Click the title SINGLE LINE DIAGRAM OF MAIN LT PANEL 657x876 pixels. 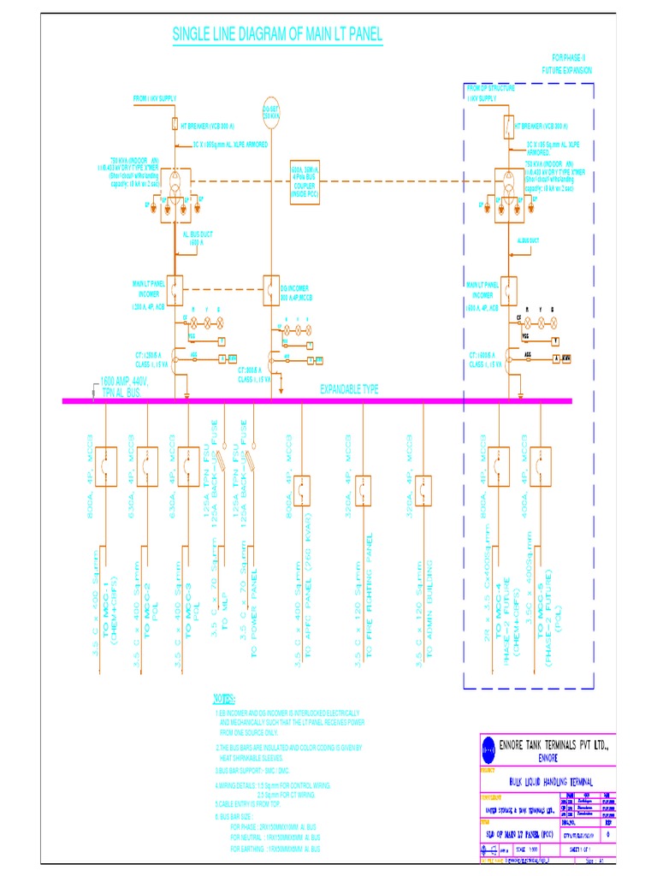click(x=277, y=35)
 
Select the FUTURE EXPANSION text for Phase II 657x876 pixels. click(x=566, y=70)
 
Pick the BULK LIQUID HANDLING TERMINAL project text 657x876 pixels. click(x=551, y=781)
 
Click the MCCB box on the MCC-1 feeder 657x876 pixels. click(x=105, y=466)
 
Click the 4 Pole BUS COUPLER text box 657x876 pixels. click(x=304, y=182)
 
